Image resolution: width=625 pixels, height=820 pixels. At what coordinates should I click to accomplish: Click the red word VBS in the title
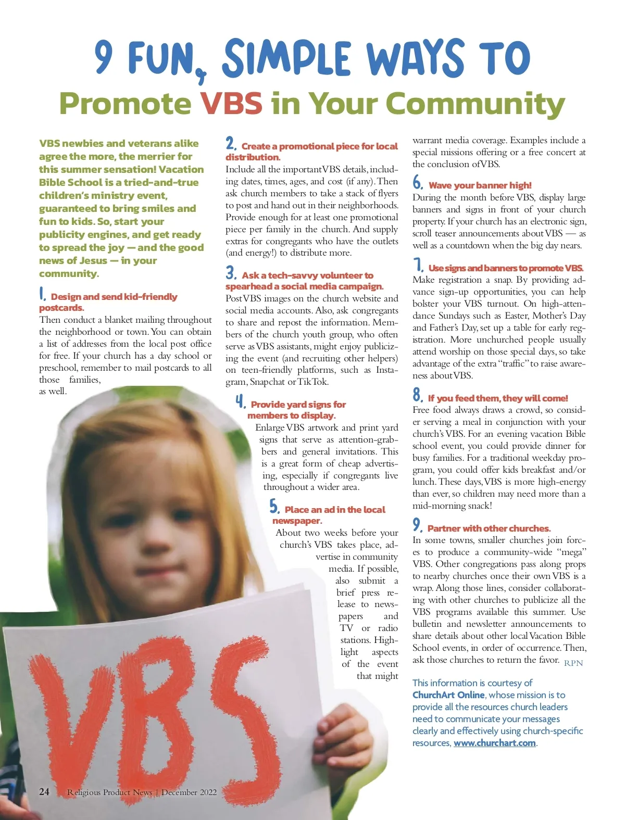click(232, 104)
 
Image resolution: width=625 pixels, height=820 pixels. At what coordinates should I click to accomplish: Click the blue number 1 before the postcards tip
click(43, 294)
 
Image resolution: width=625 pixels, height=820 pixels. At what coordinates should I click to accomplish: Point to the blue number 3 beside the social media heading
click(231, 273)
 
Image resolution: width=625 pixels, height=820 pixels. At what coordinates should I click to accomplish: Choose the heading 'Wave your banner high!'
click(480, 185)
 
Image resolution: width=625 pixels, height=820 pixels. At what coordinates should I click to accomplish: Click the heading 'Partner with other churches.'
click(489, 528)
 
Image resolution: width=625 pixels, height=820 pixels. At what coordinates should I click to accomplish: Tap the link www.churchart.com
click(494, 743)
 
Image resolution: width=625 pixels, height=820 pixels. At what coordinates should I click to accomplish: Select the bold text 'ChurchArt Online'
click(448, 695)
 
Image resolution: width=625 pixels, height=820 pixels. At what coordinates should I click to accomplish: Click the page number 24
click(44, 792)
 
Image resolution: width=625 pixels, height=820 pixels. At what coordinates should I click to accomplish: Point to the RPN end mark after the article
click(573, 663)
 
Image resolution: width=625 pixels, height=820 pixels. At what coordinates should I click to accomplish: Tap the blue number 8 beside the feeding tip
click(418, 395)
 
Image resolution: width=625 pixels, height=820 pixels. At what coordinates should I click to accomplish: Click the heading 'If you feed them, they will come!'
click(497, 398)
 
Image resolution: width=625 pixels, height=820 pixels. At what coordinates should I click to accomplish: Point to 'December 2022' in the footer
click(189, 792)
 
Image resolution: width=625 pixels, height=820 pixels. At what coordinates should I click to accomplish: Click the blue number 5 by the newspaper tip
click(274, 507)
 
